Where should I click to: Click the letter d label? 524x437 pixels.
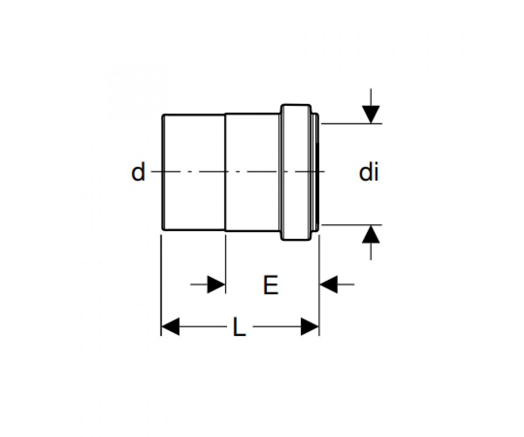pyautogui.click(x=138, y=172)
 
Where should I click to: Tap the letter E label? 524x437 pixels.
pyautogui.click(x=271, y=285)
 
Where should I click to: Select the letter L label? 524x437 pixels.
pyautogui.click(x=239, y=326)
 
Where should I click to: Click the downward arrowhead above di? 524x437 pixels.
pyautogui.click(x=371, y=114)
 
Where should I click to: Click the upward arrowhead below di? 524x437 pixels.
pyautogui.click(x=371, y=234)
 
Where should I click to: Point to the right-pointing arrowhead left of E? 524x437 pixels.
pyautogui.click(x=216, y=284)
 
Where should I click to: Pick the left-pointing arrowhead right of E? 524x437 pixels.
pyautogui.click(x=329, y=284)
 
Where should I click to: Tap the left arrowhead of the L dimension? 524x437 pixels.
pyautogui.click(x=171, y=326)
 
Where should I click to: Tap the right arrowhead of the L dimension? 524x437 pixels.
pyautogui.click(x=310, y=326)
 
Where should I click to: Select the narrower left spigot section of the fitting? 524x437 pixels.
pyautogui.click(x=194, y=172)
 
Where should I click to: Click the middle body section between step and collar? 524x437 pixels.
pyautogui.click(x=252, y=172)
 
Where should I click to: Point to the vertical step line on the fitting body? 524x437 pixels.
pyautogui.click(x=225, y=172)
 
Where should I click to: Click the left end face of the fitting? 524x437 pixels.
pyautogui.click(x=163, y=172)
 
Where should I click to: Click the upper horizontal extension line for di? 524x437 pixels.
pyautogui.click(x=352, y=124)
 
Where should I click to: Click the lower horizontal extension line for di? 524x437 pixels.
pyautogui.click(x=352, y=225)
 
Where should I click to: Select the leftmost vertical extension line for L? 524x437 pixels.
pyautogui.click(x=161, y=285)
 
